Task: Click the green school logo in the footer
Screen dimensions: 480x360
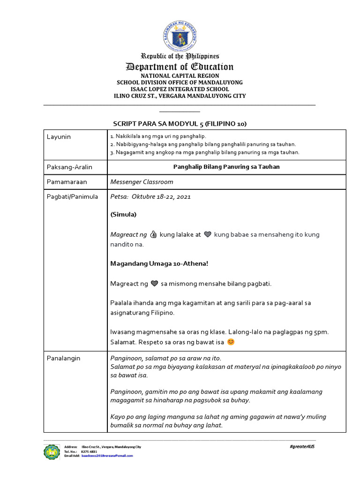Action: coord(52,452)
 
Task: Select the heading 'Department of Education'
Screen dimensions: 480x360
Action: coord(180,67)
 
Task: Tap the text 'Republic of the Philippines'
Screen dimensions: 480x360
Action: coord(180,56)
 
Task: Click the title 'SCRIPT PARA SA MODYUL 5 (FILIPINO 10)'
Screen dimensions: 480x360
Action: coord(180,124)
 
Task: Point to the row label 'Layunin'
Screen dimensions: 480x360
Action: coord(59,136)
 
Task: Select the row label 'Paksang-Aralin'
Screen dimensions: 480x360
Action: coord(69,167)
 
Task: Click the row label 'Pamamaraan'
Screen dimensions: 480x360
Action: coord(67,182)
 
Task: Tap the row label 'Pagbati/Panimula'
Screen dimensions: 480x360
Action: coord(72,197)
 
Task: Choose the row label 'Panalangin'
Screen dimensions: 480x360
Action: coord(63,358)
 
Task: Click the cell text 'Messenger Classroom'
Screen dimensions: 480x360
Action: coord(142,182)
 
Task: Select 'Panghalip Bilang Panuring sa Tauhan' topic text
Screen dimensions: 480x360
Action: coord(226,167)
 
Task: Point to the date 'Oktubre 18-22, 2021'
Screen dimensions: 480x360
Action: coord(160,197)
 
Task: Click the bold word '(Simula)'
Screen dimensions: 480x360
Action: coord(123,214)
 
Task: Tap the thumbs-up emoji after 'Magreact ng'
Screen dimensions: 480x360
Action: coord(153,234)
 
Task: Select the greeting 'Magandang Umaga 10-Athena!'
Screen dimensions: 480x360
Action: coord(159,264)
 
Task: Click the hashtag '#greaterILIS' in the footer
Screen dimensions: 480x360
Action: coord(302,447)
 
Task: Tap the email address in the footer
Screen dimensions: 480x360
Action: coord(107,456)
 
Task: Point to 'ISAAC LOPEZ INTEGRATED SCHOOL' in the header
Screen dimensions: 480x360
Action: coord(180,89)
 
